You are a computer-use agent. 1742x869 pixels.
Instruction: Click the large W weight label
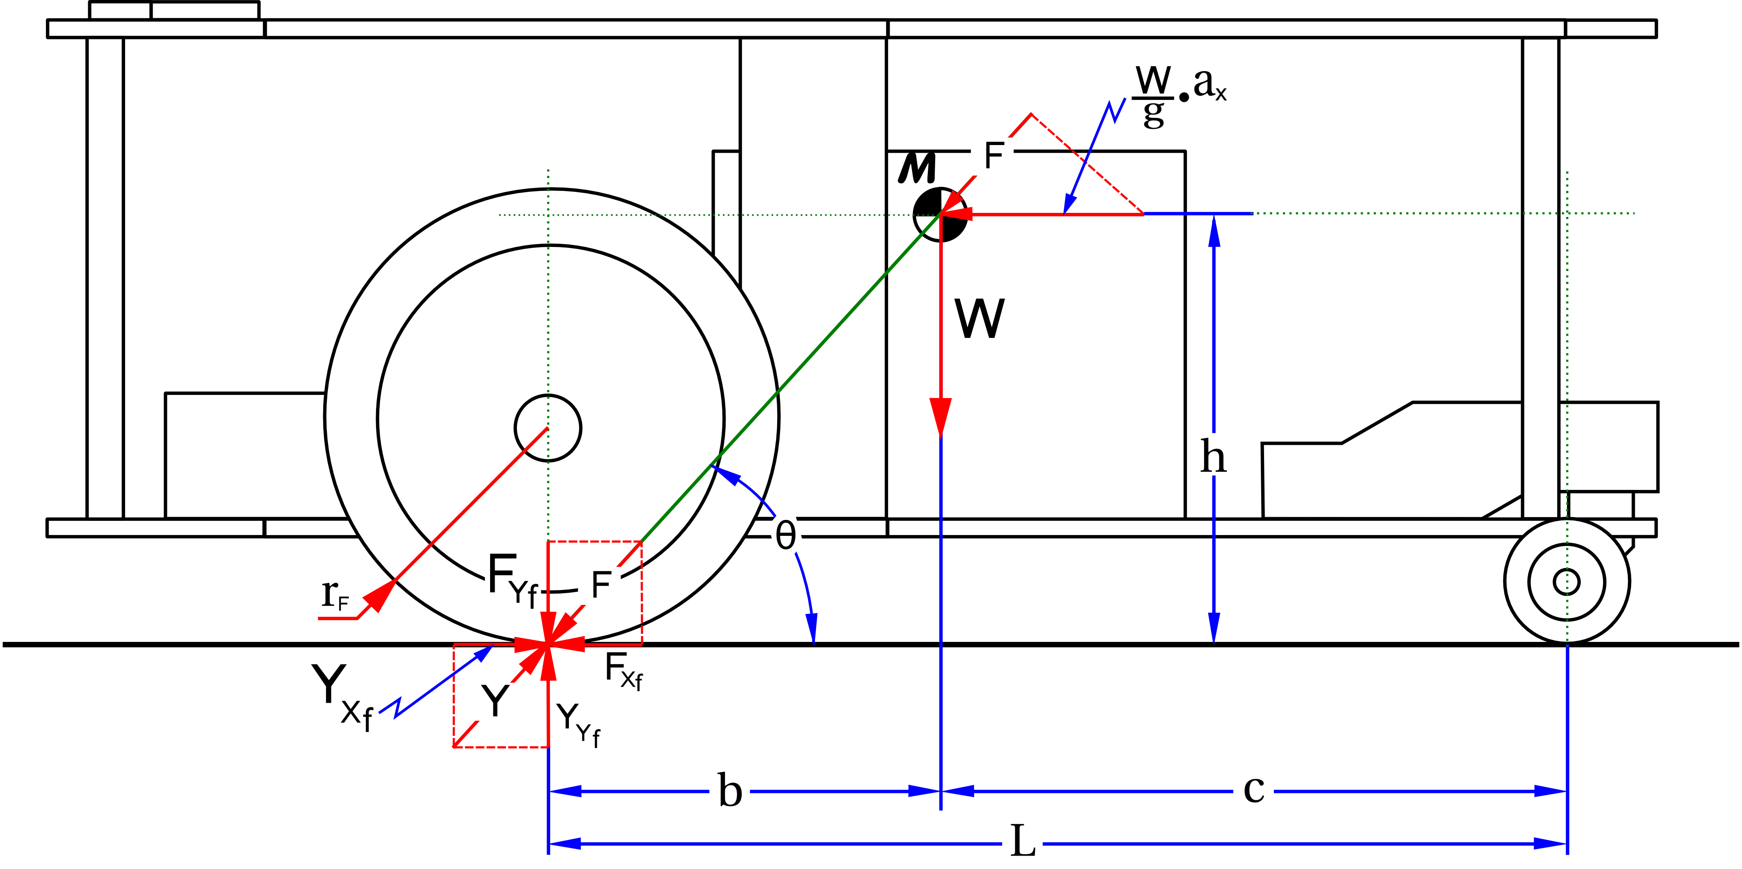click(x=979, y=319)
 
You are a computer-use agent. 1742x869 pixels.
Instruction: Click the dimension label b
click(x=730, y=791)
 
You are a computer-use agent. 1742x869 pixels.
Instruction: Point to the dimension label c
click(x=1254, y=789)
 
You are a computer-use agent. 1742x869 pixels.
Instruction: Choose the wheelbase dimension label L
click(x=1022, y=842)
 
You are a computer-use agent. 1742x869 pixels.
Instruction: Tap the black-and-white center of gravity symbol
click(x=940, y=215)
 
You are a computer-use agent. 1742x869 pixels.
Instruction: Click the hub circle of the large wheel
click(x=548, y=428)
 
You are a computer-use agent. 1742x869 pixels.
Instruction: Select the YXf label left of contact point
click(x=342, y=695)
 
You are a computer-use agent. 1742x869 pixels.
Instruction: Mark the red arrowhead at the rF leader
click(x=379, y=596)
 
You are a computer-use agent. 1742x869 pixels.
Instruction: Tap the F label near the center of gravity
click(x=993, y=156)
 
